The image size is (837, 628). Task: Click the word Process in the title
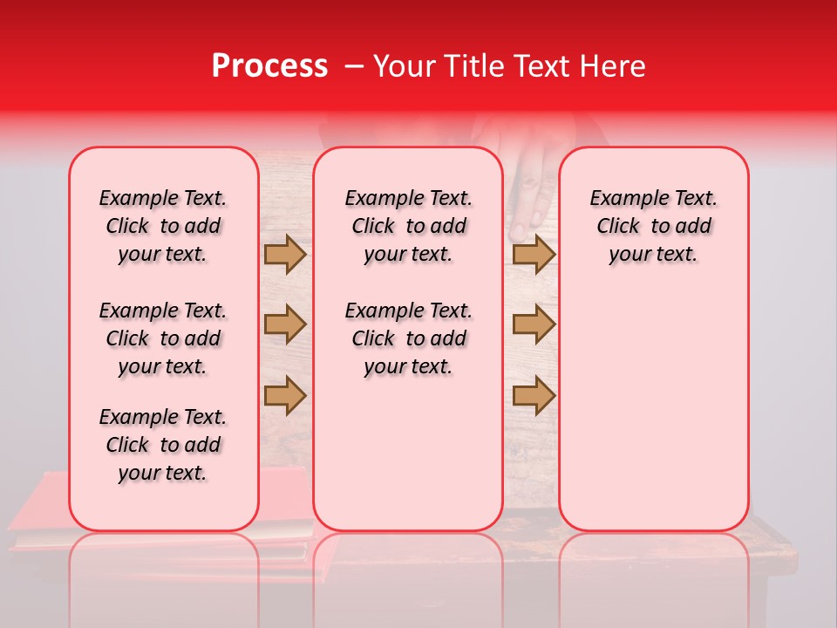pyautogui.click(x=269, y=66)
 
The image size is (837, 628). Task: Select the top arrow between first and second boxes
pyautogui.click(x=285, y=254)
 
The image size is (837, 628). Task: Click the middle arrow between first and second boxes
pyautogui.click(x=285, y=324)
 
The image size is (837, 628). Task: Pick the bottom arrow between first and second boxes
pyautogui.click(x=285, y=395)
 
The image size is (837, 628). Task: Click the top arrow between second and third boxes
pyautogui.click(x=534, y=254)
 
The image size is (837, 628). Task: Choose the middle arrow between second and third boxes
pyautogui.click(x=534, y=324)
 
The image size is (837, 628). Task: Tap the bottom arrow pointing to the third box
pyautogui.click(x=534, y=395)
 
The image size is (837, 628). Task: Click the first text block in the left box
pyautogui.click(x=163, y=226)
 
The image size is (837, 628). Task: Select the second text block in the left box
pyautogui.click(x=163, y=338)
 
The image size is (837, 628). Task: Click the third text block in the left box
pyautogui.click(x=163, y=445)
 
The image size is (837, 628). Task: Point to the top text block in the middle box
pyautogui.click(x=408, y=226)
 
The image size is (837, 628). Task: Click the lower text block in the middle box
pyautogui.click(x=408, y=338)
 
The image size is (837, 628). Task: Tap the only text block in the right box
pyautogui.click(x=653, y=226)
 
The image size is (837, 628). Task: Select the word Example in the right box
pyautogui.click(x=623, y=199)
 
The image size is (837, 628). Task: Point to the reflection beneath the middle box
pyautogui.click(x=408, y=567)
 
